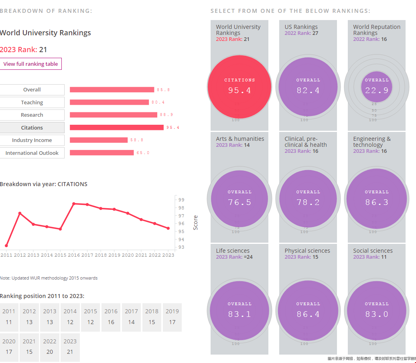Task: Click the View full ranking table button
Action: point(31,64)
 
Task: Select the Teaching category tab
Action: point(32,102)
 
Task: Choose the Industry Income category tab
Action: point(32,140)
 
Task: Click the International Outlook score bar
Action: point(101,153)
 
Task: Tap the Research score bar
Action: point(114,115)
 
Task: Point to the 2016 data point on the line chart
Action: point(74,204)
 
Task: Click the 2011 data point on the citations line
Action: point(6,245)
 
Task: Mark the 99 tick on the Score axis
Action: point(181,200)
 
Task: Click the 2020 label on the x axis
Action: point(128,255)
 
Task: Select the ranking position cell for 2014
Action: point(70,317)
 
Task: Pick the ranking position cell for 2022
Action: point(50,347)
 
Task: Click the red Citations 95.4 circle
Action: point(239,86)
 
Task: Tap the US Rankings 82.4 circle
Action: point(308,86)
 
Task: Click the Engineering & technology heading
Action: point(372,142)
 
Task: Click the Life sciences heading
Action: point(233,251)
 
